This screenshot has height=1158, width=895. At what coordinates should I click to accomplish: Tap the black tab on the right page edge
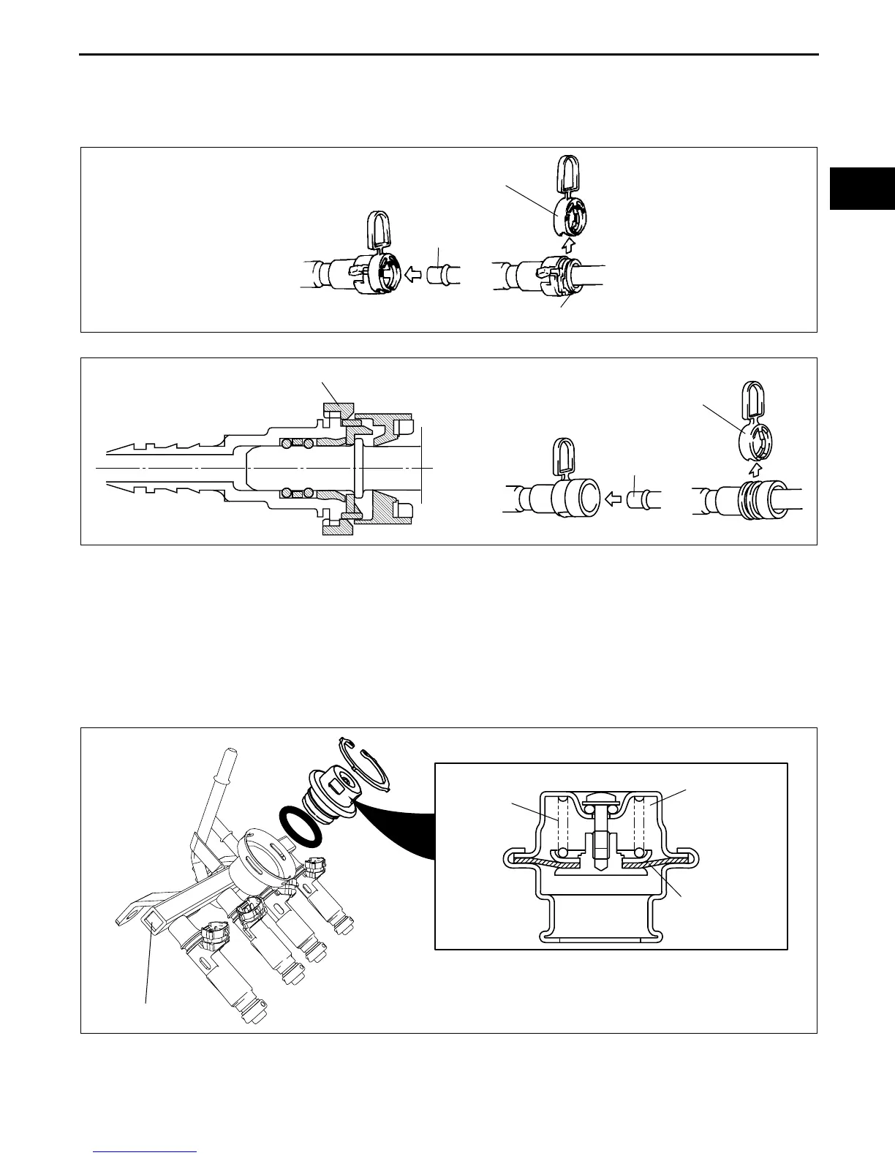point(862,189)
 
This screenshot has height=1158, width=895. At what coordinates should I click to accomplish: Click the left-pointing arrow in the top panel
point(413,273)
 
